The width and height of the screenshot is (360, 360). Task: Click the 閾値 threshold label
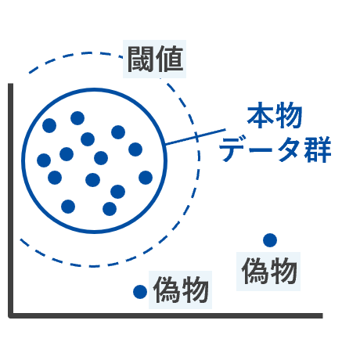coord(155,59)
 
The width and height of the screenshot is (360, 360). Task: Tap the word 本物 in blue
coord(275,115)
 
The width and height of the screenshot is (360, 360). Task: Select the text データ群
coord(275,149)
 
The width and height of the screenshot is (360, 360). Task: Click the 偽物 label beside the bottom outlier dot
coord(181,290)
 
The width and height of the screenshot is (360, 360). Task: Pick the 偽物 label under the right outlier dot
coord(269,271)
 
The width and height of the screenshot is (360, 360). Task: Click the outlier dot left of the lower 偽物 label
coord(140,292)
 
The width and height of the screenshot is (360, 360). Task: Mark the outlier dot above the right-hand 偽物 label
coord(270,240)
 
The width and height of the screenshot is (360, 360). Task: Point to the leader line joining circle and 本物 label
coord(196,136)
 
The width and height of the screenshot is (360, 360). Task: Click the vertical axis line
coord(11,200)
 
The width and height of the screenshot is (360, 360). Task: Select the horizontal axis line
coord(165,315)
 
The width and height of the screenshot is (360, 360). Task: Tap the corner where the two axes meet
coord(11,315)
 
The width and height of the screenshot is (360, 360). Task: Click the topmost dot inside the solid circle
coord(77,118)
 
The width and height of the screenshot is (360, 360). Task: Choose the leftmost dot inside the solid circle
coord(44,160)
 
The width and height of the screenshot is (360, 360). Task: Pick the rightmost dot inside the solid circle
coord(146,178)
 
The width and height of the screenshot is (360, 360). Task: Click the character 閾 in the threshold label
coord(141,59)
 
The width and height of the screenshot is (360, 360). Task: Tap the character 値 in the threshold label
coord(170,59)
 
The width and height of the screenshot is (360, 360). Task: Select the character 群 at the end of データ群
coord(318,149)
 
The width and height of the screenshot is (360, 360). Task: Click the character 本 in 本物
coord(261,115)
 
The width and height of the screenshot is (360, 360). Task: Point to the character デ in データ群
coord(233,149)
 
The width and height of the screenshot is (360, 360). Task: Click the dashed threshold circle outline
coord(199,159)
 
